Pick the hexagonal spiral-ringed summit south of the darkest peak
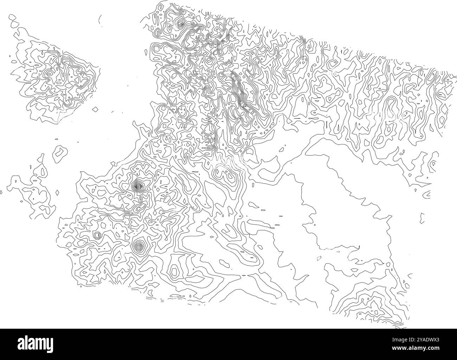click(x=140, y=246)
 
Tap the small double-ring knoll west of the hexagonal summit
click(x=97, y=234)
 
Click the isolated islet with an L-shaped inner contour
click(x=60, y=154)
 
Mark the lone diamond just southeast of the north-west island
click(x=95, y=110)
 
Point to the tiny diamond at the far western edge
click(x=1, y=192)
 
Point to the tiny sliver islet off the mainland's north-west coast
click(x=145, y=52)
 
